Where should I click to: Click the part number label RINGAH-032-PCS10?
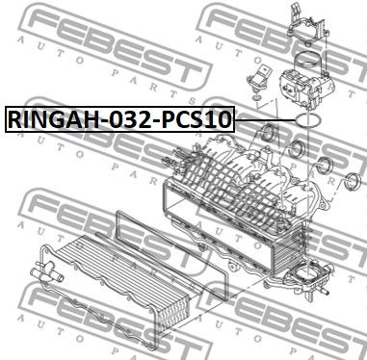tap(119, 119)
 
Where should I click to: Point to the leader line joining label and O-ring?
tap(265, 119)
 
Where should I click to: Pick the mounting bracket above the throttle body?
tap(307, 26)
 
